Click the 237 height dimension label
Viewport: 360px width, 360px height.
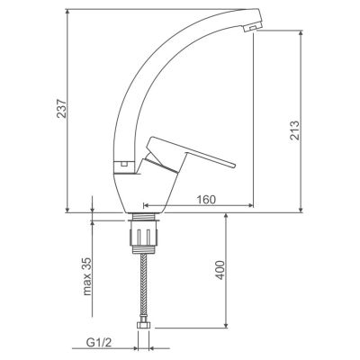point(62,108)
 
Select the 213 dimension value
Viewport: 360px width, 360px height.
point(294,130)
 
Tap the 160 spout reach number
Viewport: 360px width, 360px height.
point(206,199)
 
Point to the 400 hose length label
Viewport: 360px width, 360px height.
point(220,270)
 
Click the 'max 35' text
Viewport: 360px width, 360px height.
point(86,276)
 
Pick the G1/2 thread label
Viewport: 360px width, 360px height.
point(99,342)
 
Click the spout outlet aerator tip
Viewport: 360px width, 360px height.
point(252,28)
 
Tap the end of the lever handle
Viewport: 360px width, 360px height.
point(232,165)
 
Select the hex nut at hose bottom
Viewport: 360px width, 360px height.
point(144,327)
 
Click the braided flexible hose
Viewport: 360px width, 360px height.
point(144,288)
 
